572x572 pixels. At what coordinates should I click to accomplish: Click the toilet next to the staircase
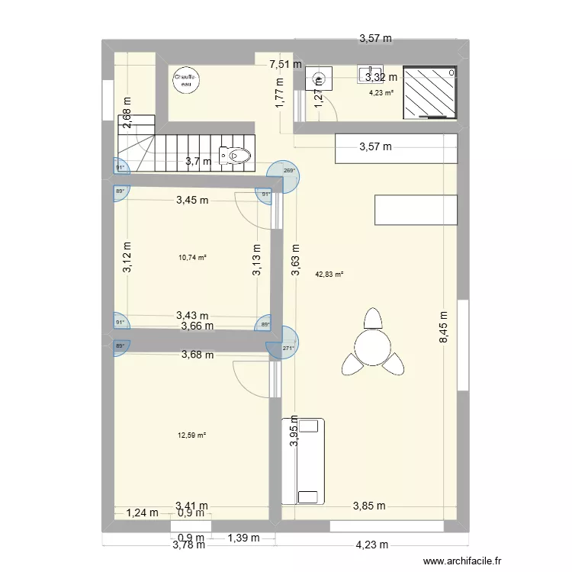tap(235, 156)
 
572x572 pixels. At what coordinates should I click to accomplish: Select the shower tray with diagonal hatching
tap(430, 93)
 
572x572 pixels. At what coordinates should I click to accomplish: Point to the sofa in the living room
tap(302, 461)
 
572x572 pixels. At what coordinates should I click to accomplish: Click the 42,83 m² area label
tap(329, 274)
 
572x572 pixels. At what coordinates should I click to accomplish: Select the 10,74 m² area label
tap(192, 258)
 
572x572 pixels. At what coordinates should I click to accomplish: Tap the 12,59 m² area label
tap(192, 435)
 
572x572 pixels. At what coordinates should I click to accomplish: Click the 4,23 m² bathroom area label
tap(381, 93)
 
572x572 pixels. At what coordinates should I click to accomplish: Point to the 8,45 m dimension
tap(444, 329)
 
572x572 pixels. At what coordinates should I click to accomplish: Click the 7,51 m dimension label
tap(284, 66)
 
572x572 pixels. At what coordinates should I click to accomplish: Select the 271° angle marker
tap(288, 349)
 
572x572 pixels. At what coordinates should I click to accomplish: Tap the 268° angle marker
tap(289, 171)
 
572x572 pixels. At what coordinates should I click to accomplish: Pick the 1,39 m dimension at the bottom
tap(243, 538)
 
